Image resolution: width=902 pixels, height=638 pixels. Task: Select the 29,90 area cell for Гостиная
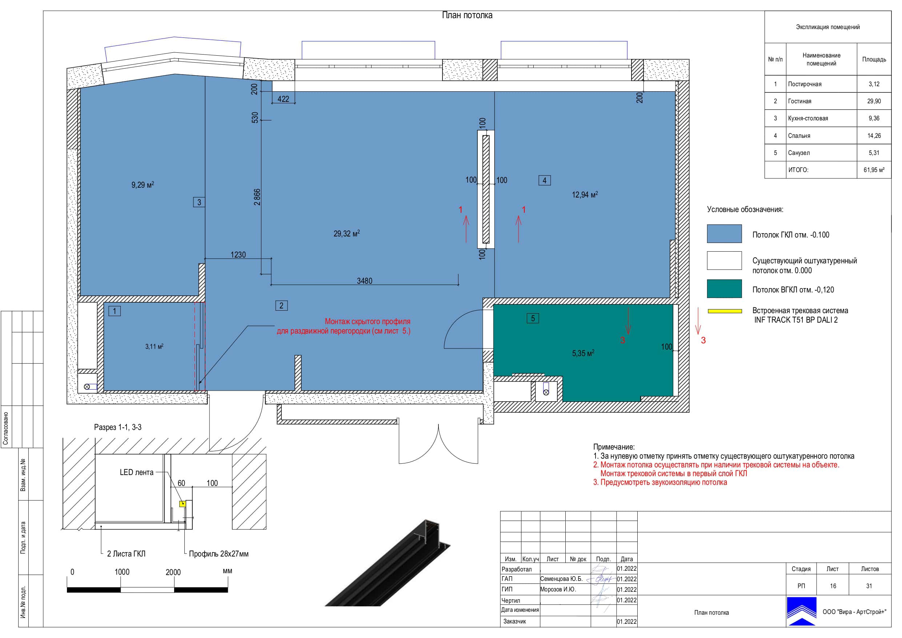pos(874,101)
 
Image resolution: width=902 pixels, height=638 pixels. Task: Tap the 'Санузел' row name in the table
pos(799,153)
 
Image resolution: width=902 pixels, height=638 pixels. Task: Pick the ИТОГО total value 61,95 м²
pos(874,170)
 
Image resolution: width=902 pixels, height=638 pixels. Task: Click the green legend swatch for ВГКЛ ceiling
pos(724,289)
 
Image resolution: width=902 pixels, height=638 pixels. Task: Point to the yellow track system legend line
pos(725,311)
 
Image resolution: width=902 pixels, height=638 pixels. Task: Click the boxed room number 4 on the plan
pos(544,180)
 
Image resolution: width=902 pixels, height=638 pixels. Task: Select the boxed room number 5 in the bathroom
pos(532,318)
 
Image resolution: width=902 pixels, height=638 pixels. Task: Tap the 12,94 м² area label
pos(585,195)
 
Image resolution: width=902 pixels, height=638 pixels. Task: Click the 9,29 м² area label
pos(143,185)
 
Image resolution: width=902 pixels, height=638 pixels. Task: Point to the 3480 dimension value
pos(364,281)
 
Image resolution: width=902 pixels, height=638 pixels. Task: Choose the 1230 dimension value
pos(238,255)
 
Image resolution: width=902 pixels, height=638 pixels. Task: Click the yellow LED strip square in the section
pos(183,503)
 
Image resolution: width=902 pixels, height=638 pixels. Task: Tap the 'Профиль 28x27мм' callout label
pos(219,554)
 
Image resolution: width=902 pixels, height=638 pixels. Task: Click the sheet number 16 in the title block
pos(833,586)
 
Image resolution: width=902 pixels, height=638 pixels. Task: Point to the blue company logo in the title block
pos(801,611)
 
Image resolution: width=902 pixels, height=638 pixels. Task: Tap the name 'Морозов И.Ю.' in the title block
pos(558,589)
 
